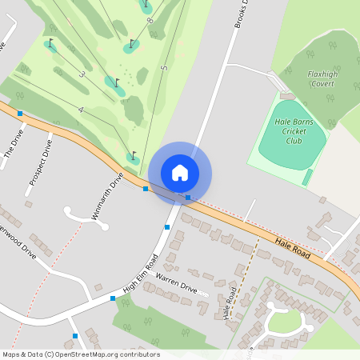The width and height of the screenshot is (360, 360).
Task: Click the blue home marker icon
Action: coord(180,172)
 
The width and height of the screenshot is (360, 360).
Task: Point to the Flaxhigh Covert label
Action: coord(324,78)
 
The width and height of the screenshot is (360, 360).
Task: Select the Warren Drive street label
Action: coord(176,281)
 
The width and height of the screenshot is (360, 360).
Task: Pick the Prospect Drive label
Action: coord(40,162)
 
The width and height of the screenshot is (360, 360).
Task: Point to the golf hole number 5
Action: coord(164,68)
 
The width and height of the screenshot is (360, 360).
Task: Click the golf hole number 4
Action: coord(81,109)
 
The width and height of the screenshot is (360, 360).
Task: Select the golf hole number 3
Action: coord(82,74)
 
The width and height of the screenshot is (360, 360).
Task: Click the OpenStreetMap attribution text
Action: coord(80,354)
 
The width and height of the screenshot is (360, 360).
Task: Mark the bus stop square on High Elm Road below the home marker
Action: coord(166,227)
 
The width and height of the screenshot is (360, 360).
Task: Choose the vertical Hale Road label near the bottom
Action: coord(229,302)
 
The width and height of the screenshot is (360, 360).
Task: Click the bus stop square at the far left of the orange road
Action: coord(20,114)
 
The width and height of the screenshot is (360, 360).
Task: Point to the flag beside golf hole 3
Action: coord(117,82)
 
